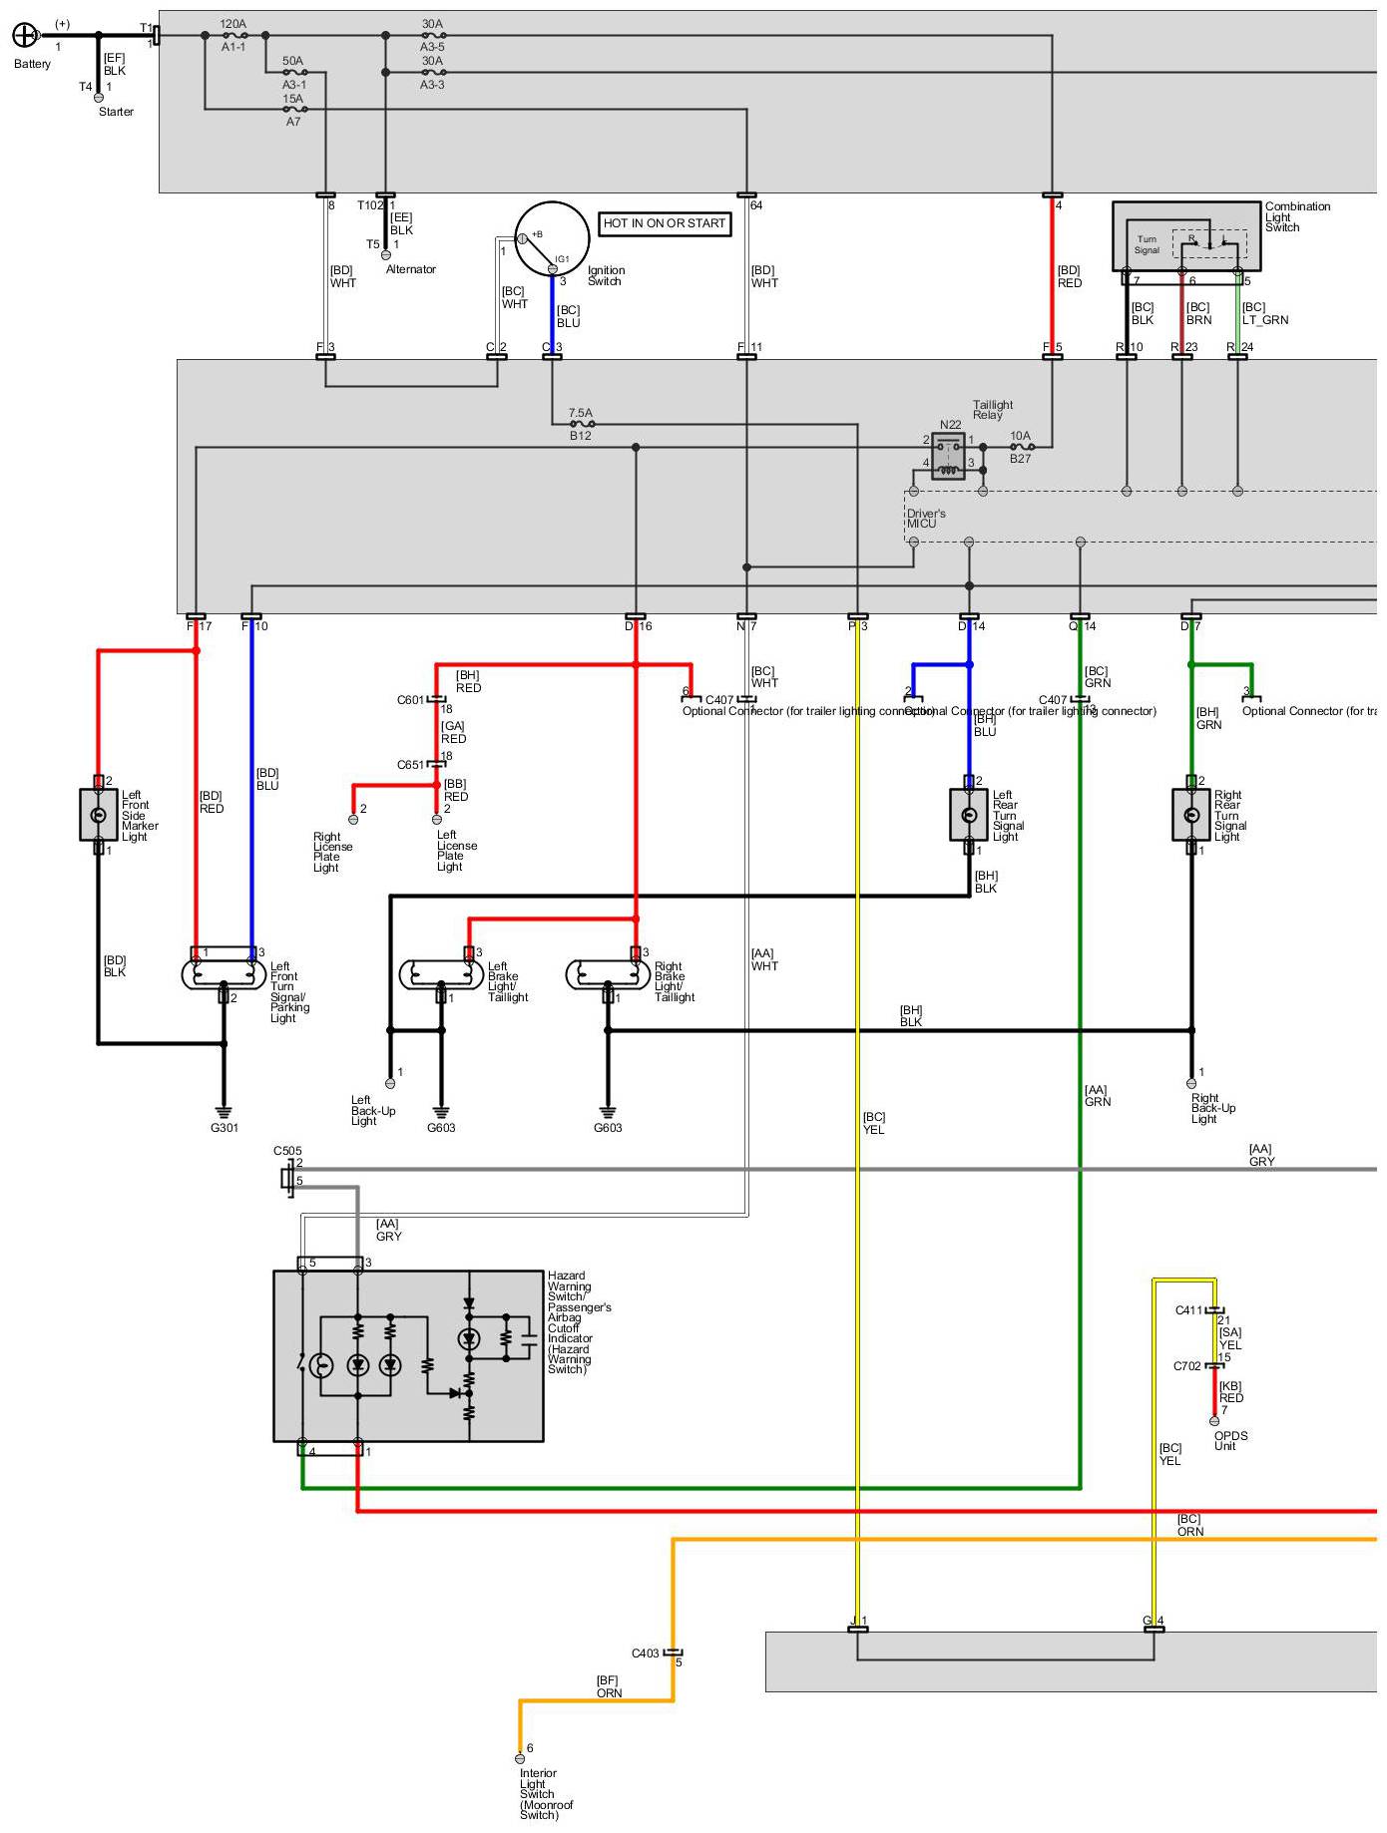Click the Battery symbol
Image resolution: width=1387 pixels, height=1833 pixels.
pos(24,36)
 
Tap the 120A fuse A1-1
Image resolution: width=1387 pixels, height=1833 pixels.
pos(235,35)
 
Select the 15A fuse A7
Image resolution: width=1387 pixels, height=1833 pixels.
pos(294,109)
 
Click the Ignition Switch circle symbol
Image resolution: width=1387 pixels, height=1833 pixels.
pos(552,239)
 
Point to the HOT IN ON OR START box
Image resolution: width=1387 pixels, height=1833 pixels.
pos(665,223)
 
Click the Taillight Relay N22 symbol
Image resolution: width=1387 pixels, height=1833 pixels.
pos(948,457)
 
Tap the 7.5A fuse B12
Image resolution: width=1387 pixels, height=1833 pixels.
pos(582,424)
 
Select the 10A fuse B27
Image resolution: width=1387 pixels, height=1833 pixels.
pos(1021,448)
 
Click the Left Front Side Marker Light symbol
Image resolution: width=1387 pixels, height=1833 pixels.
pos(98,815)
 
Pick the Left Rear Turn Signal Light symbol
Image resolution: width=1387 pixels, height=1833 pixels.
pos(968,815)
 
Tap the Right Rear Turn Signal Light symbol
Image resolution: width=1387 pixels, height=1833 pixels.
pos(1190,815)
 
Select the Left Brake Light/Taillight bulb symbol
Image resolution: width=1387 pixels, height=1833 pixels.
pos(441,973)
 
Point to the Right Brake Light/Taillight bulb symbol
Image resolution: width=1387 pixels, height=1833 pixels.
pos(608,973)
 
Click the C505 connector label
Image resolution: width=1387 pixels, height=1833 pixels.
pos(287,1151)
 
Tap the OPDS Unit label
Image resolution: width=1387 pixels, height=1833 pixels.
pos(1230,1441)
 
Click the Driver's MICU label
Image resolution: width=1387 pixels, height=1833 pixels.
pos(925,519)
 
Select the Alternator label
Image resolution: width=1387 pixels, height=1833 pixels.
pos(411,269)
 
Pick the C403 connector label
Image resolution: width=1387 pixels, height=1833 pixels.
pos(645,1653)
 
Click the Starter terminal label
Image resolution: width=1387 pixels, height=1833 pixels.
pos(116,112)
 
